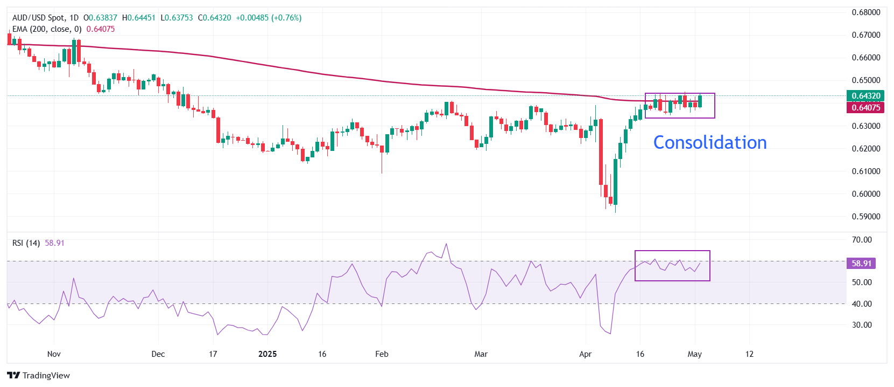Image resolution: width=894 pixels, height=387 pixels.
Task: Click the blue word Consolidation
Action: click(x=709, y=142)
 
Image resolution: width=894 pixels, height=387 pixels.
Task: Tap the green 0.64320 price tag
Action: click(x=865, y=96)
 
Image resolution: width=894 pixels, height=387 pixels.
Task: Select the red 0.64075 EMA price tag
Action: click(x=865, y=107)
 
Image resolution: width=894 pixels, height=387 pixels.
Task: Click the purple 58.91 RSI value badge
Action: click(x=861, y=264)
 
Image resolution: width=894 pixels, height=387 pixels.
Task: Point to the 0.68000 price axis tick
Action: click(x=865, y=12)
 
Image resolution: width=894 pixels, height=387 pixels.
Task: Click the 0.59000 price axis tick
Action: click(x=865, y=217)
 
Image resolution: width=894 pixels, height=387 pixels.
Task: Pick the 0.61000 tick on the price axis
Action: click(x=865, y=171)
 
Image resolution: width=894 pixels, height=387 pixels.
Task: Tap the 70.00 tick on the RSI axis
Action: click(x=862, y=240)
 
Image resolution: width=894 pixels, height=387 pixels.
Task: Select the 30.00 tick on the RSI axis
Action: click(x=862, y=325)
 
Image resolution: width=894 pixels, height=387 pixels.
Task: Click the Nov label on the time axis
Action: click(x=54, y=354)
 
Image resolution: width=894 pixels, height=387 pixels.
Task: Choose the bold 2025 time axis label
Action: click(x=268, y=354)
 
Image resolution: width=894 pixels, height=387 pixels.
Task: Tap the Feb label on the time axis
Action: click(x=382, y=354)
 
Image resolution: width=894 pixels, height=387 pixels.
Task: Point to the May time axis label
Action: click(x=694, y=354)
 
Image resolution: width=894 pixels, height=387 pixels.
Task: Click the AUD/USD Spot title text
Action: click(x=38, y=18)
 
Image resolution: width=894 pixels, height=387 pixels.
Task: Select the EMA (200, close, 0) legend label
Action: click(x=47, y=29)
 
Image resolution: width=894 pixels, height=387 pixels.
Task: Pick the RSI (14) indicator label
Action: click(x=26, y=243)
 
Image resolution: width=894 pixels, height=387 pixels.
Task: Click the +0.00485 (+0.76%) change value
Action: click(x=269, y=18)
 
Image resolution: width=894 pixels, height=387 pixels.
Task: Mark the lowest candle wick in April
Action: click(x=615, y=211)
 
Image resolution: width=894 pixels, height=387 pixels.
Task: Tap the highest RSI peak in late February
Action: click(x=446, y=244)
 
